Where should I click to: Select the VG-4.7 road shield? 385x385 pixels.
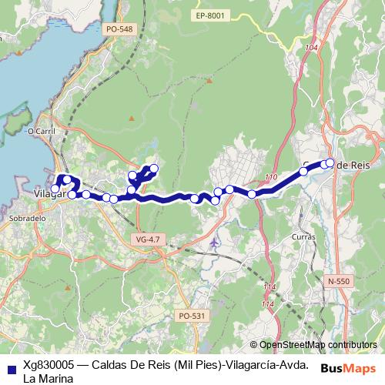(147, 239)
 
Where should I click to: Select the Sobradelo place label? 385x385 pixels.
(29, 218)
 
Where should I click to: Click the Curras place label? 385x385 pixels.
(303, 236)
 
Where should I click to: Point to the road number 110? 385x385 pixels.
(270, 178)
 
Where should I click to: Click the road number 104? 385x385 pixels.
(311, 48)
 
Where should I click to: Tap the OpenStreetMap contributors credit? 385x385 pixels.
(318, 345)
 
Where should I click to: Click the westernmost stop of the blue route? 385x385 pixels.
(55, 189)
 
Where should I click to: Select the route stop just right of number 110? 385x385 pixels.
(303, 172)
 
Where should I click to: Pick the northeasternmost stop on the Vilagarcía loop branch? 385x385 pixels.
(154, 168)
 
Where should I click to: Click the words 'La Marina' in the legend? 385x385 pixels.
(49, 379)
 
